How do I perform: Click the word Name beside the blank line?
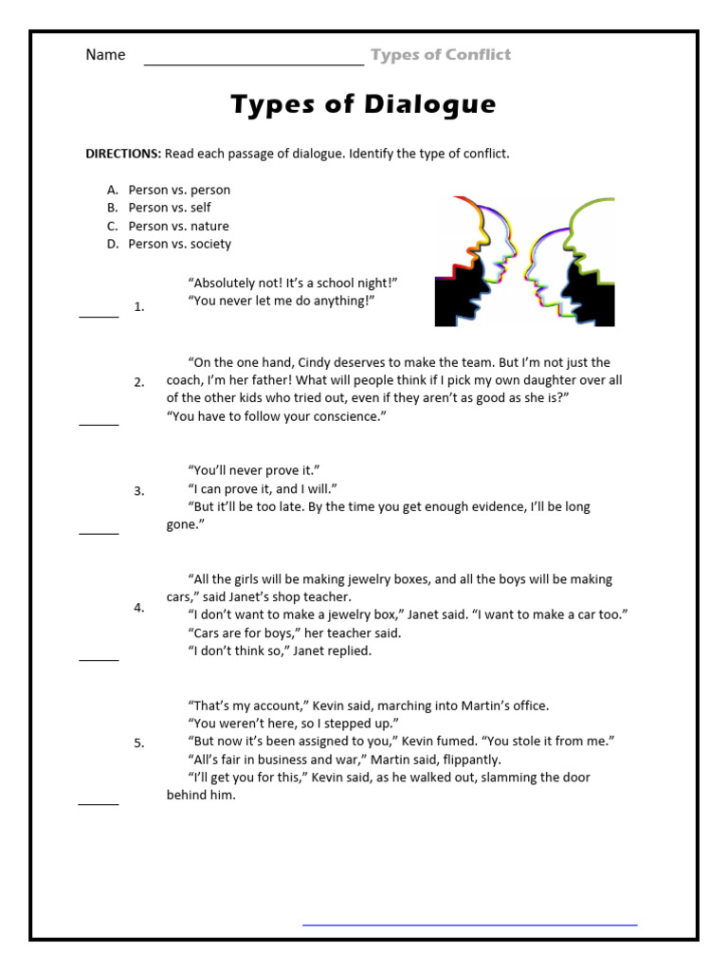[105, 55]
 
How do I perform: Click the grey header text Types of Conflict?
[441, 55]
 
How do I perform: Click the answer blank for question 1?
[99, 316]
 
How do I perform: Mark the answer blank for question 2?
[99, 425]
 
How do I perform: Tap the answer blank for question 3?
[99, 533]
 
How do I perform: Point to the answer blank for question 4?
[99, 659]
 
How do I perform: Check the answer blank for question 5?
[99, 803]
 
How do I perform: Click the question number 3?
[139, 491]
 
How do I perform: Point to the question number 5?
[139, 743]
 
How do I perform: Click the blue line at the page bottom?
[469, 924]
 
